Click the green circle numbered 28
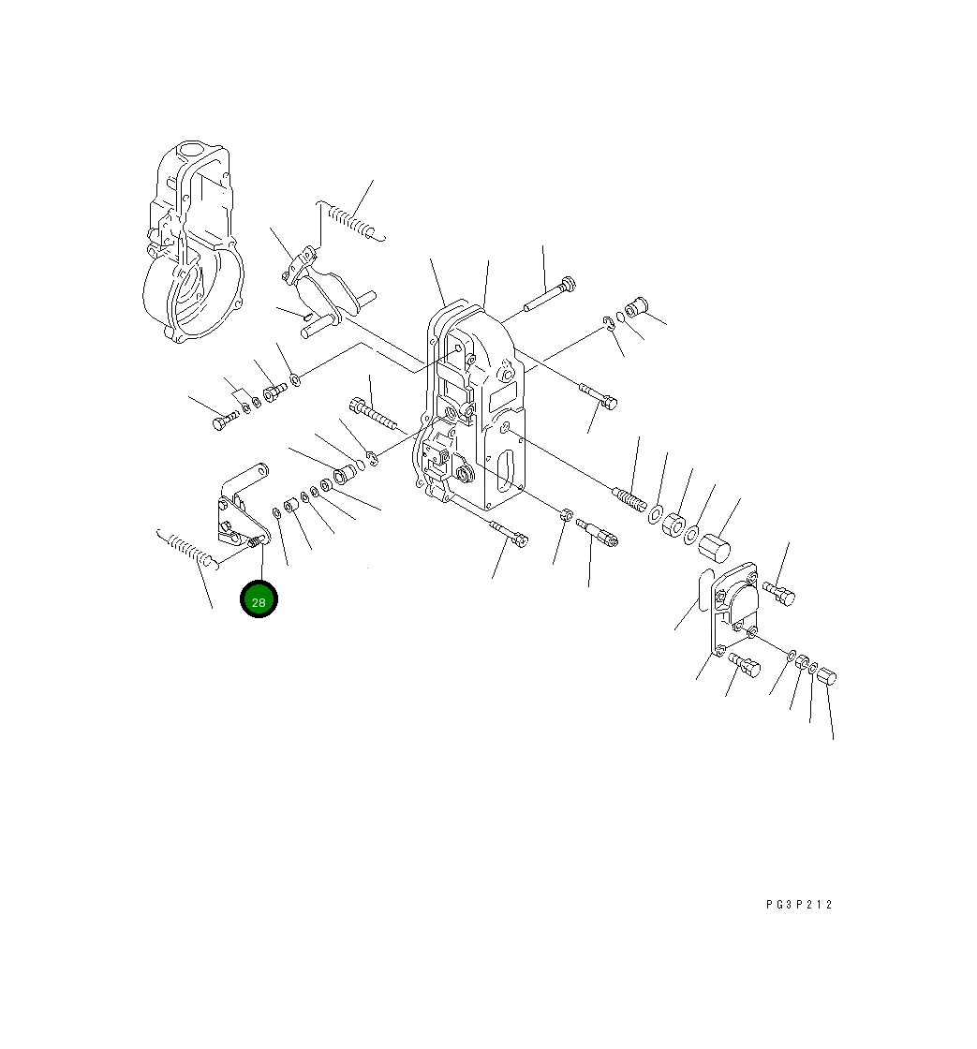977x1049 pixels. (259, 600)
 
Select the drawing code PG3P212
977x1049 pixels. (798, 905)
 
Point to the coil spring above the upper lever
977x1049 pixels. (352, 221)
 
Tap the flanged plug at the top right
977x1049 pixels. (639, 306)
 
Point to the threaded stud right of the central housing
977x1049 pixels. (629, 496)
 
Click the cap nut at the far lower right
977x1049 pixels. (827, 677)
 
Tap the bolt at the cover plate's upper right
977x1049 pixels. (778, 592)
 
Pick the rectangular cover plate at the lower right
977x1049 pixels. (740, 603)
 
